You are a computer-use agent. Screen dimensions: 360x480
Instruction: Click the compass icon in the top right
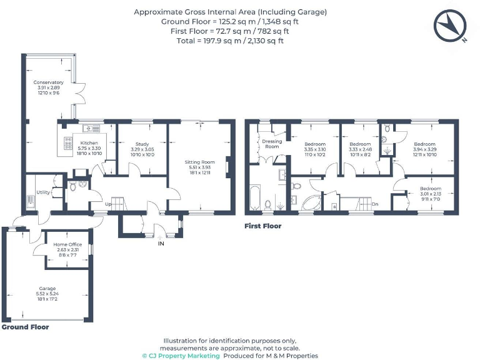451,26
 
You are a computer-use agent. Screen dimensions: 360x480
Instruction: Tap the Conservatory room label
49,82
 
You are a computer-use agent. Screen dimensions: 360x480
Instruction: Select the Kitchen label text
89,143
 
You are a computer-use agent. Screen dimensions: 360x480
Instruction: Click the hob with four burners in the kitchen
67,145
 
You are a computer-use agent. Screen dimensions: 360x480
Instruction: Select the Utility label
42,192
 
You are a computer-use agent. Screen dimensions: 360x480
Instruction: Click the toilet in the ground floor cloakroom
73,186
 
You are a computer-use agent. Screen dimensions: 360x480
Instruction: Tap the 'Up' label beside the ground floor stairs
108,204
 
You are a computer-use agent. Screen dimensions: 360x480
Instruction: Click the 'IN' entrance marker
161,243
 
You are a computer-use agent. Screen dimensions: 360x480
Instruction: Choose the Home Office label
67,244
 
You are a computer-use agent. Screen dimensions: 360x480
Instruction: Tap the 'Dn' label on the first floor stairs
374,204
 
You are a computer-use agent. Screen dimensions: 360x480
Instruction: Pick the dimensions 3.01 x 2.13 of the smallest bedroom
430,194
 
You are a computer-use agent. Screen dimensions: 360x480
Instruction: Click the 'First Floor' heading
263,226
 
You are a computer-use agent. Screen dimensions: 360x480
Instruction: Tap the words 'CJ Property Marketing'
181,356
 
